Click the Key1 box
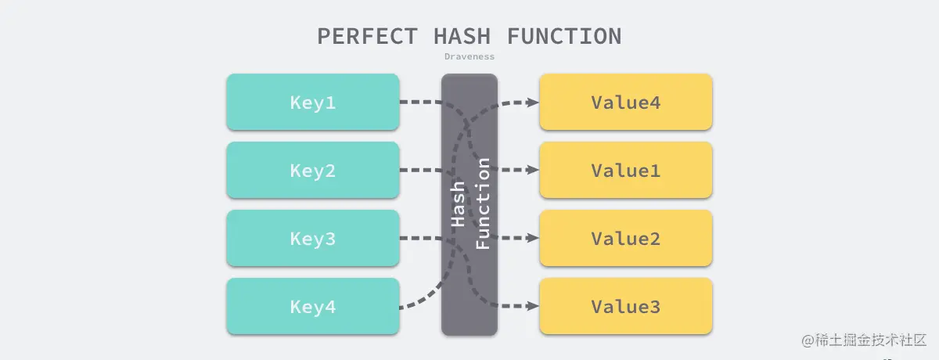click(x=312, y=102)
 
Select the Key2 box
click(x=312, y=170)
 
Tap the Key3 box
click(x=312, y=238)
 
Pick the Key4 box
click(x=312, y=306)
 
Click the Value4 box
click(x=625, y=102)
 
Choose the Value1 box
click(x=625, y=170)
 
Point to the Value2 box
click(x=625, y=238)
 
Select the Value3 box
click(x=625, y=306)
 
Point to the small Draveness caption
click(x=469, y=56)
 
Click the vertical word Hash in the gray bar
click(x=459, y=204)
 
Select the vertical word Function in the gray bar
click(x=483, y=203)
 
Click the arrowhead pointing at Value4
click(x=532, y=102)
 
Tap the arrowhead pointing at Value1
click(x=532, y=170)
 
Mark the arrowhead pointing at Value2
click(x=532, y=238)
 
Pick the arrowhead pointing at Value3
click(x=532, y=306)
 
